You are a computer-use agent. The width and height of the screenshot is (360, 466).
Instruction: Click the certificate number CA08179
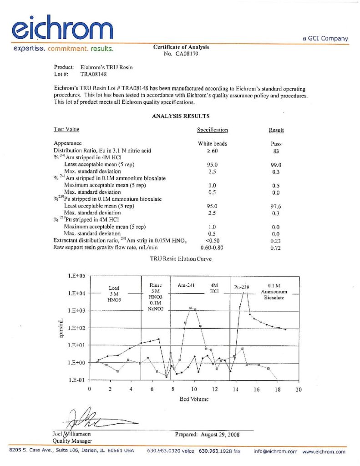pos(185,53)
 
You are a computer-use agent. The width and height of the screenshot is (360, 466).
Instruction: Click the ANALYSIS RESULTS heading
pos(181,116)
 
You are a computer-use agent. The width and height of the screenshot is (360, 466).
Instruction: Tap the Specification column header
pos(212,130)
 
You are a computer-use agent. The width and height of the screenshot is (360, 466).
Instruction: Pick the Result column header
pos(276,130)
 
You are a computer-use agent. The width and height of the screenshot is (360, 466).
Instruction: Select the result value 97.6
pos(276,206)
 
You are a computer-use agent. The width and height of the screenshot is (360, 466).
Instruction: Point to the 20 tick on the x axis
pos(299,390)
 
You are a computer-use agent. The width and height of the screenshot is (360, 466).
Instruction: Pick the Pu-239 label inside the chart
pos(243,287)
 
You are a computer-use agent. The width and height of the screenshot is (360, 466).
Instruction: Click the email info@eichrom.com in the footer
pos(275,451)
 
